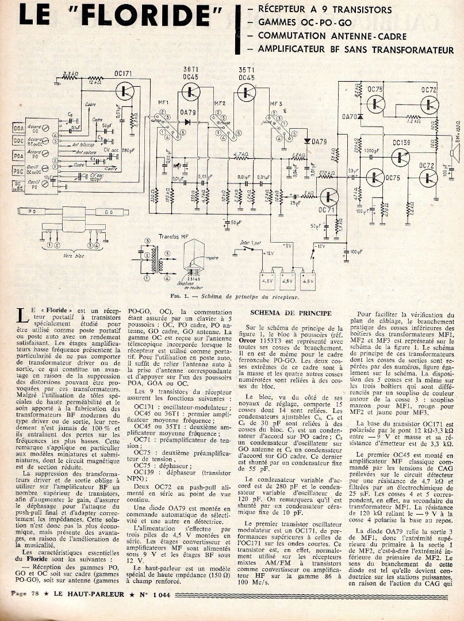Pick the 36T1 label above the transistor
[x=190, y=70]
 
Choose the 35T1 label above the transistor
[x=246, y=70]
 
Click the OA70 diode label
[x=348, y=117]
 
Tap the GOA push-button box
[x=18, y=128]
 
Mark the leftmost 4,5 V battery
[x=267, y=281]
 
